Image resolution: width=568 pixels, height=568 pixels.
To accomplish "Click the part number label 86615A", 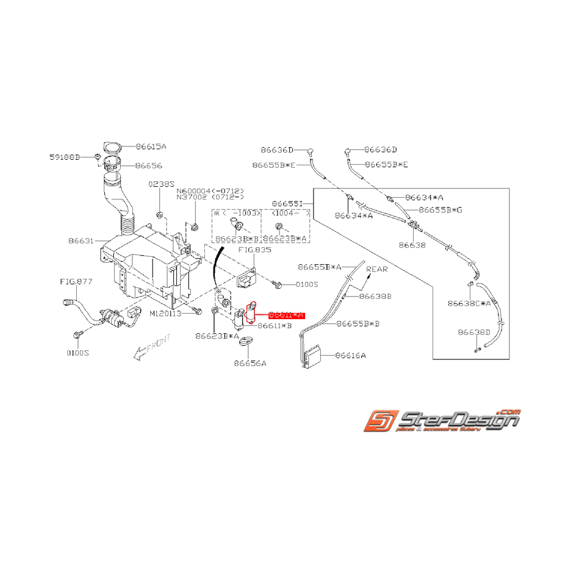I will pyautogui.click(x=151, y=146).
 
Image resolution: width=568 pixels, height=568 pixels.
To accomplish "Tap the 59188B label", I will pyautogui.click(x=65, y=157).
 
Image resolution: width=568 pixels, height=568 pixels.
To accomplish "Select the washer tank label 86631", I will pyautogui.click(x=82, y=241).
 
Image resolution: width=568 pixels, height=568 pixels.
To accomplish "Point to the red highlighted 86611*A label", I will pyautogui.click(x=286, y=315).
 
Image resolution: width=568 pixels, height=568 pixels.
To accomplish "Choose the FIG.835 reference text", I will pyautogui.click(x=256, y=250).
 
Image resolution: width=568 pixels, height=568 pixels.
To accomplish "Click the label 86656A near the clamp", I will pyautogui.click(x=250, y=363).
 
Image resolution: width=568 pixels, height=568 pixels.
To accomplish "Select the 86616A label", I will pyautogui.click(x=351, y=354).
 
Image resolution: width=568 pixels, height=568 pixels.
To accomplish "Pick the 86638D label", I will pyautogui.click(x=474, y=333).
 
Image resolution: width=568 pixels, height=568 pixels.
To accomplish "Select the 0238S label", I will pyautogui.click(x=161, y=184).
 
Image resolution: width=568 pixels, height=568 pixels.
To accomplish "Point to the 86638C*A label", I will pyautogui.click(x=469, y=303).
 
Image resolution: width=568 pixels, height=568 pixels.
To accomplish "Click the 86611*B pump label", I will pyautogui.click(x=275, y=326).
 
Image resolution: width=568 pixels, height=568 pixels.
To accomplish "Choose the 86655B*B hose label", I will pyautogui.click(x=358, y=323).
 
